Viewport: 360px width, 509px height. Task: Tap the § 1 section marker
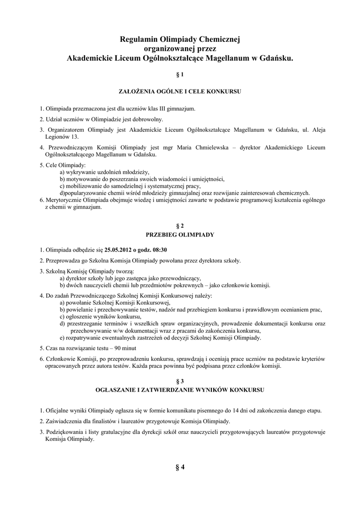coord(180,75)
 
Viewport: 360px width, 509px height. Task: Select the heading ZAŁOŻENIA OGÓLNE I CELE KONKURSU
coord(180,92)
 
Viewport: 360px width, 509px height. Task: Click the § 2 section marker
coord(180,225)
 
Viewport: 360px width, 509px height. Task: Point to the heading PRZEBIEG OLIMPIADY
coord(180,234)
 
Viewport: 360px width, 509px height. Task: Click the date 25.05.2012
coord(119,250)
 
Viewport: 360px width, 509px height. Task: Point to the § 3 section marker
coord(180,379)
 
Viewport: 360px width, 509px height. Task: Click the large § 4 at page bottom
coord(180,467)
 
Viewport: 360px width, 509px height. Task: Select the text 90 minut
coord(126,348)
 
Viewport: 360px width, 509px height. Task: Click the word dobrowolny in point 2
coord(145,119)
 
